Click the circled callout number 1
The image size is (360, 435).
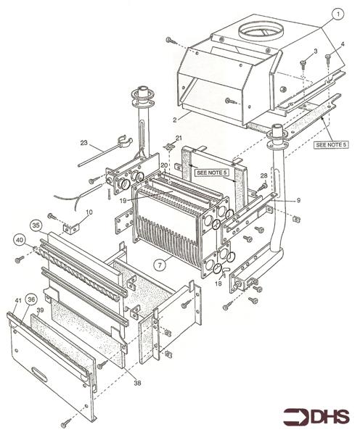click(337, 14)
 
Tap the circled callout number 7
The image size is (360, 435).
click(160, 265)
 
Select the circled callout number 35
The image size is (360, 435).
click(36, 225)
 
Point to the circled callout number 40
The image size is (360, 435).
click(20, 239)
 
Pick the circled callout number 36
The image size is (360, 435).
click(31, 300)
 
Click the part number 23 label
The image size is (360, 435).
click(83, 143)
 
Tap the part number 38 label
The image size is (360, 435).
click(137, 383)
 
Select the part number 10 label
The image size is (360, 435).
click(89, 212)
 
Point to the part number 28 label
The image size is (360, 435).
click(263, 175)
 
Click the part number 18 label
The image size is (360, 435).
click(218, 283)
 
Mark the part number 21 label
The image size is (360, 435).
click(179, 138)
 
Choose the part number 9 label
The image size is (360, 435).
click(298, 200)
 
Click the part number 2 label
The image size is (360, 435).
click(175, 120)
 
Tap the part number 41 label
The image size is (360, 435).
click(18, 299)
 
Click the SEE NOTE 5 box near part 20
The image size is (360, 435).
click(212, 173)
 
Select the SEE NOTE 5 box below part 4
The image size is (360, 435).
click(331, 144)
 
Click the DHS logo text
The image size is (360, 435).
click(316, 416)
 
